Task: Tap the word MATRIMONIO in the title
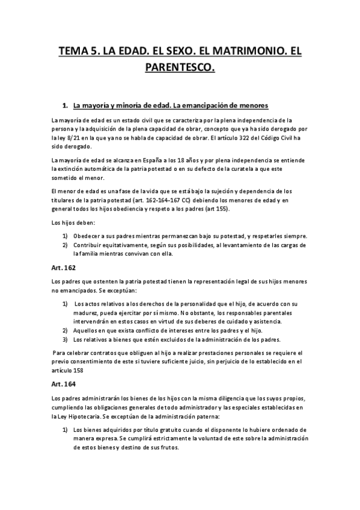tap(237, 52)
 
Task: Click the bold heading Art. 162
tap(63, 266)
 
